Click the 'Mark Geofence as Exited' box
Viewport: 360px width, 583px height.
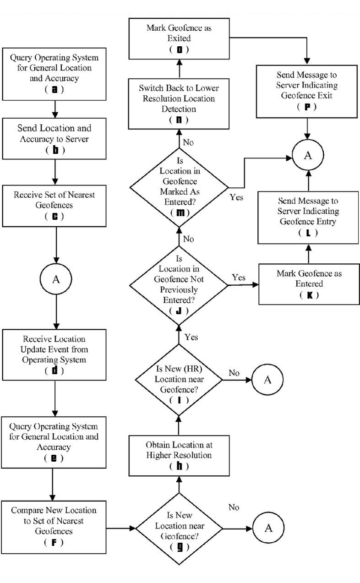click(179, 38)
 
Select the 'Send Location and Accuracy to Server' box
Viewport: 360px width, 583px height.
click(55, 139)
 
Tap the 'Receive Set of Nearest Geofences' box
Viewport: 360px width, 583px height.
click(55, 206)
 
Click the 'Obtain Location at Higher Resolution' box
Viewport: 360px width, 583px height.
click(179, 456)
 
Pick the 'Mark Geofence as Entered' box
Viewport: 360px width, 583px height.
click(309, 284)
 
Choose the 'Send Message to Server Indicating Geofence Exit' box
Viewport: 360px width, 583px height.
click(306, 91)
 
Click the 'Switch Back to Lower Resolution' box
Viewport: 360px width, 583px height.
click(179, 104)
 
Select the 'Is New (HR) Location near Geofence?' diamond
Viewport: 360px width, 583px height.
click(179, 380)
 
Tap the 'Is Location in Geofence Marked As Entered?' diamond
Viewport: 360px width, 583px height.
click(179, 187)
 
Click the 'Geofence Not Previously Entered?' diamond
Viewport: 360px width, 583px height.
click(179, 285)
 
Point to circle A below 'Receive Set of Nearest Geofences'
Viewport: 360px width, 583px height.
click(56, 279)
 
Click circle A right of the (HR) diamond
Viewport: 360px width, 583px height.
click(267, 380)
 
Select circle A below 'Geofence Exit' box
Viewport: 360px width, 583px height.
click(308, 155)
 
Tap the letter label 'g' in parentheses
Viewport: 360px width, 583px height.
click(180, 547)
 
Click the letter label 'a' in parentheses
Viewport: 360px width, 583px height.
click(55, 89)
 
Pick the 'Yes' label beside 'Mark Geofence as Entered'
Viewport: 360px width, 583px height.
click(239, 278)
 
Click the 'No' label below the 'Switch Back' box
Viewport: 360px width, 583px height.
click(188, 142)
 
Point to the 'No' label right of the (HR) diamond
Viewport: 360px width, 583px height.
click(234, 373)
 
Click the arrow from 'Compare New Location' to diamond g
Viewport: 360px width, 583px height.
click(121, 529)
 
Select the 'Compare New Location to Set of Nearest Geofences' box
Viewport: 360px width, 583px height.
click(54, 527)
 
